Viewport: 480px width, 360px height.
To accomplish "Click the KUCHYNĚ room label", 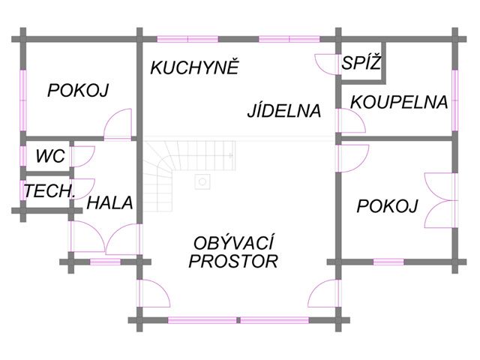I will pos(194,67).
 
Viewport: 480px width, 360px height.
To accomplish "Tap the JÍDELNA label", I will pos(284,111).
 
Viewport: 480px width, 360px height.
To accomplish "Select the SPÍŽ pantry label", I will pos(361,64).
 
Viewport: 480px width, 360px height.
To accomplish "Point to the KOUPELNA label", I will pos(399,102).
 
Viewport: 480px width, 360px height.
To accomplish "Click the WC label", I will pos(50,157).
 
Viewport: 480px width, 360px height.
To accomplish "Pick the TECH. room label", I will pos(49,191).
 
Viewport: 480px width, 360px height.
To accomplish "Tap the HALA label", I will pos(110,202).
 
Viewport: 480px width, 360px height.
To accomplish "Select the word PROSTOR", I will pos(233,261).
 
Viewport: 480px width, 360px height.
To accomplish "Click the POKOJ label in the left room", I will pos(78,91).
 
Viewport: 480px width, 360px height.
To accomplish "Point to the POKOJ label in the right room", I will pos(387,206).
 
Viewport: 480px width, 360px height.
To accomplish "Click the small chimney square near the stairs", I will pos(201,181).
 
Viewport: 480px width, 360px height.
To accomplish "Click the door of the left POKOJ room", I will pos(119,124).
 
